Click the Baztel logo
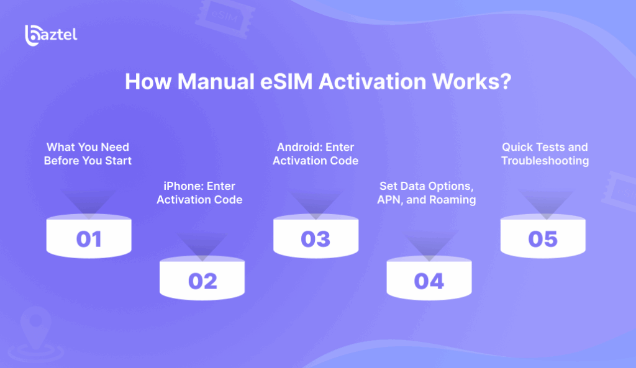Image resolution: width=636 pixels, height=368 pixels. point(51,35)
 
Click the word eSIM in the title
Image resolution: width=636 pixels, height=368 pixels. point(286,81)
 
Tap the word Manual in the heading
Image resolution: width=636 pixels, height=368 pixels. point(216,81)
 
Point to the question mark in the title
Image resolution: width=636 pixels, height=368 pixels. point(506,81)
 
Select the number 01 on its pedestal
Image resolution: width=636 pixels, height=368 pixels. point(89,239)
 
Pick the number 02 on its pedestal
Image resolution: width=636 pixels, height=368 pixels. point(203,281)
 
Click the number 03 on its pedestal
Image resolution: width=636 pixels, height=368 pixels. point(316,239)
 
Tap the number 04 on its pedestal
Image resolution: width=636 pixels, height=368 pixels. point(429,281)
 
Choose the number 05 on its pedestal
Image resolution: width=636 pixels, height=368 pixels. point(543,239)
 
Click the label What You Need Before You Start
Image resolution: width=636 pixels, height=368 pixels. point(88,154)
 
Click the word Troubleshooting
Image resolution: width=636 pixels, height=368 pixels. point(545,161)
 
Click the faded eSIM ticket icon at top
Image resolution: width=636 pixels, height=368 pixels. point(225,18)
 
